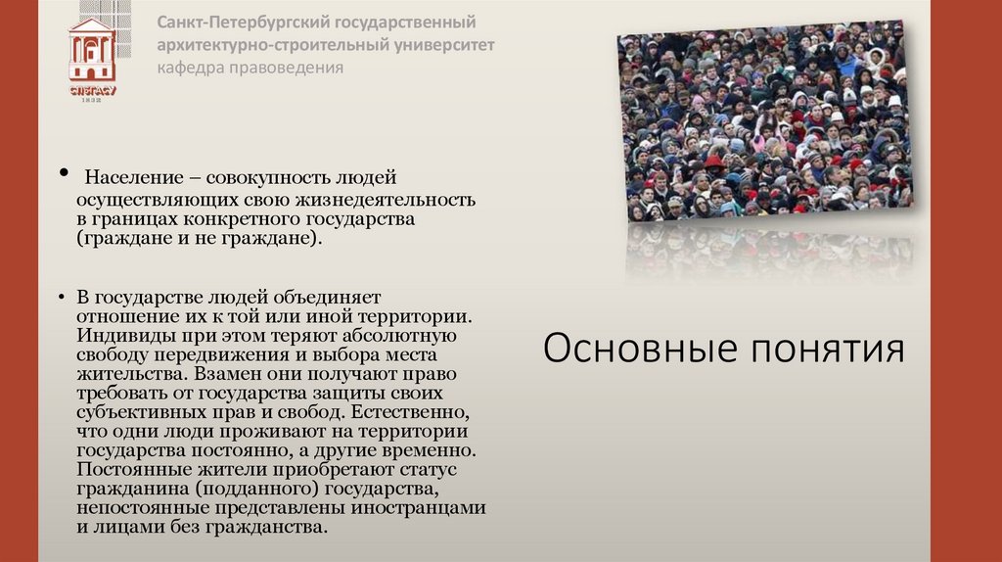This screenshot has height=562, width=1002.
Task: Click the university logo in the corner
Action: coord(92,54)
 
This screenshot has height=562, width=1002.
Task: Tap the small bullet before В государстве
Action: coord(60,298)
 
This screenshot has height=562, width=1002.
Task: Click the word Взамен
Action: coord(228,374)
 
